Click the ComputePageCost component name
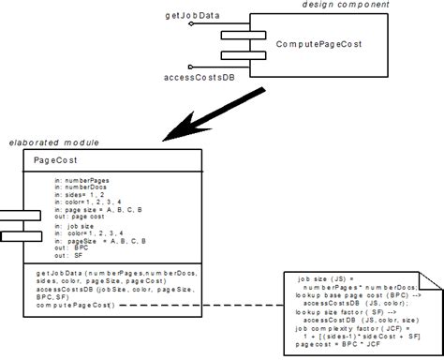[x=318, y=44]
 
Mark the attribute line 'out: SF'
[x=67, y=255]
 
